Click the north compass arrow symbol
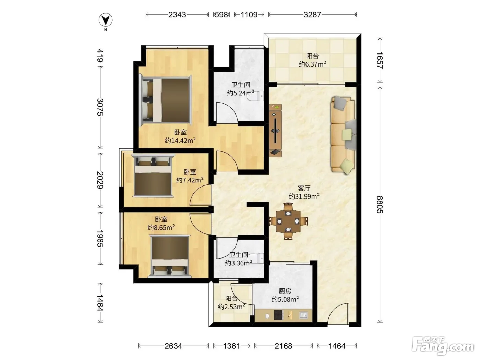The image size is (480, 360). pos(106,20)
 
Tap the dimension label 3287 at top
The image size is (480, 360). pos(312,15)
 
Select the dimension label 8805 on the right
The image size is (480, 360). pos(380,204)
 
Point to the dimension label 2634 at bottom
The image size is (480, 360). pos(173,346)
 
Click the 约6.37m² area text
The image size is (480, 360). pos(312,64)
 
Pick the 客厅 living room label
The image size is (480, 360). pos(304,188)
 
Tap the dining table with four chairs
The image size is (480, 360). pos(288,221)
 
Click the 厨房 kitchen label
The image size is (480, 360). pos(285,291)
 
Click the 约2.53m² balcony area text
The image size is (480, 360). pos(231,307)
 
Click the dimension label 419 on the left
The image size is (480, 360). pos(100,56)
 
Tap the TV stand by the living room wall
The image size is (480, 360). pos(275,130)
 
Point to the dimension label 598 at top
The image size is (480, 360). pos(221,15)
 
